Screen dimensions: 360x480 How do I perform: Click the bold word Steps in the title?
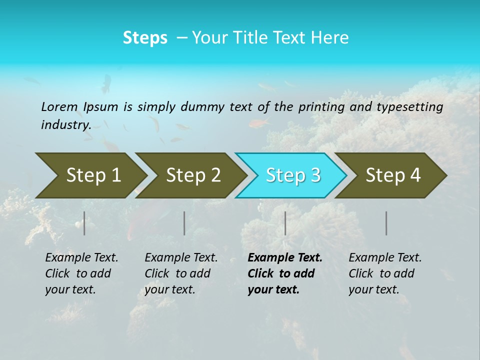click(x=145, y=38)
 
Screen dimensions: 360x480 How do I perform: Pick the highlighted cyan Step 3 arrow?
click(x=293, y=175)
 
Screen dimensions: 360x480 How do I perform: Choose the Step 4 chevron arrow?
click(x=393, y=175)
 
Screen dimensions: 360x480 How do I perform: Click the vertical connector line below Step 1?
click(x=84, y=223)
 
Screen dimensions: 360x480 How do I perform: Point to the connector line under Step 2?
click(x=184, y=223)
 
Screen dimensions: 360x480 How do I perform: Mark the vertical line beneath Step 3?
click(x=285, y=223)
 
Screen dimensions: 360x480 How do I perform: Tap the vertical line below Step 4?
click(x=386, y=223)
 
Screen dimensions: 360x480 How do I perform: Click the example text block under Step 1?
click(x=81, y=273)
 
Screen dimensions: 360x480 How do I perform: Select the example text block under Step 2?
click(x=181, y=273)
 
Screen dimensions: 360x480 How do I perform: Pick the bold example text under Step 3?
click(x=285, y=273)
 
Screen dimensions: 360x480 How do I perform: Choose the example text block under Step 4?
click(x=385, y=273)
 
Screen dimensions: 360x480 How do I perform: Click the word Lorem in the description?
click(x=59, y=106)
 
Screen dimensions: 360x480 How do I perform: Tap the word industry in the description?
click(x=66, y=125)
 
